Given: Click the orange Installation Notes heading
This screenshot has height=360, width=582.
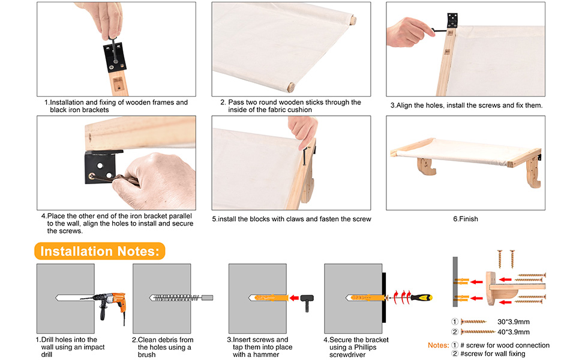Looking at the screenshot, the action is point(100,251).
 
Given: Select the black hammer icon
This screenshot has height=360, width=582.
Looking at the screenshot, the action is point(307,302).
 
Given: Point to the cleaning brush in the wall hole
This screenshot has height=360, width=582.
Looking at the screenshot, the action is point(181,297).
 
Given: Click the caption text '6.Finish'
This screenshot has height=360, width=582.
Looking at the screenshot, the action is point(466,219).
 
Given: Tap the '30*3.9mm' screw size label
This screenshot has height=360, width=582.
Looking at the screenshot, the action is point(514,322).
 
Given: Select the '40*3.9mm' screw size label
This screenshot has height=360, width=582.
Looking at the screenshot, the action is point(514,332).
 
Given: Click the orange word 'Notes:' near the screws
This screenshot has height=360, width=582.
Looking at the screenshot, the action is point(439,345).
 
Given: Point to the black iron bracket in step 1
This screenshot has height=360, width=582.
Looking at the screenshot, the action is point(115,57).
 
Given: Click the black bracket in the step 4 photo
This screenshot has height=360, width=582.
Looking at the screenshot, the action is point(101,167).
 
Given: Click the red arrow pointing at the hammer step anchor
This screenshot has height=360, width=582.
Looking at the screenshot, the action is point(294,298).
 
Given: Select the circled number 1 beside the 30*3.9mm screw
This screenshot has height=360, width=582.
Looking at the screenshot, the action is point(455,322).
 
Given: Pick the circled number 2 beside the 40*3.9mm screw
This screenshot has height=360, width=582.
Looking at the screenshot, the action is point(455,332).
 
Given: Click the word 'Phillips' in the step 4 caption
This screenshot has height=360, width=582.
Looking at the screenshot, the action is point(365,347).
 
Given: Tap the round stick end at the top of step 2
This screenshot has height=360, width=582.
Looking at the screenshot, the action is point(353,20).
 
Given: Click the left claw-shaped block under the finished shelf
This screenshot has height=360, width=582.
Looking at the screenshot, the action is point(426,166).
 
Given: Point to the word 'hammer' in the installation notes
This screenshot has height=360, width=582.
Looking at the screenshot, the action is point(266,355).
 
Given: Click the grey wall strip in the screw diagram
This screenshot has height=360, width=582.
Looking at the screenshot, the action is point(455,281).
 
